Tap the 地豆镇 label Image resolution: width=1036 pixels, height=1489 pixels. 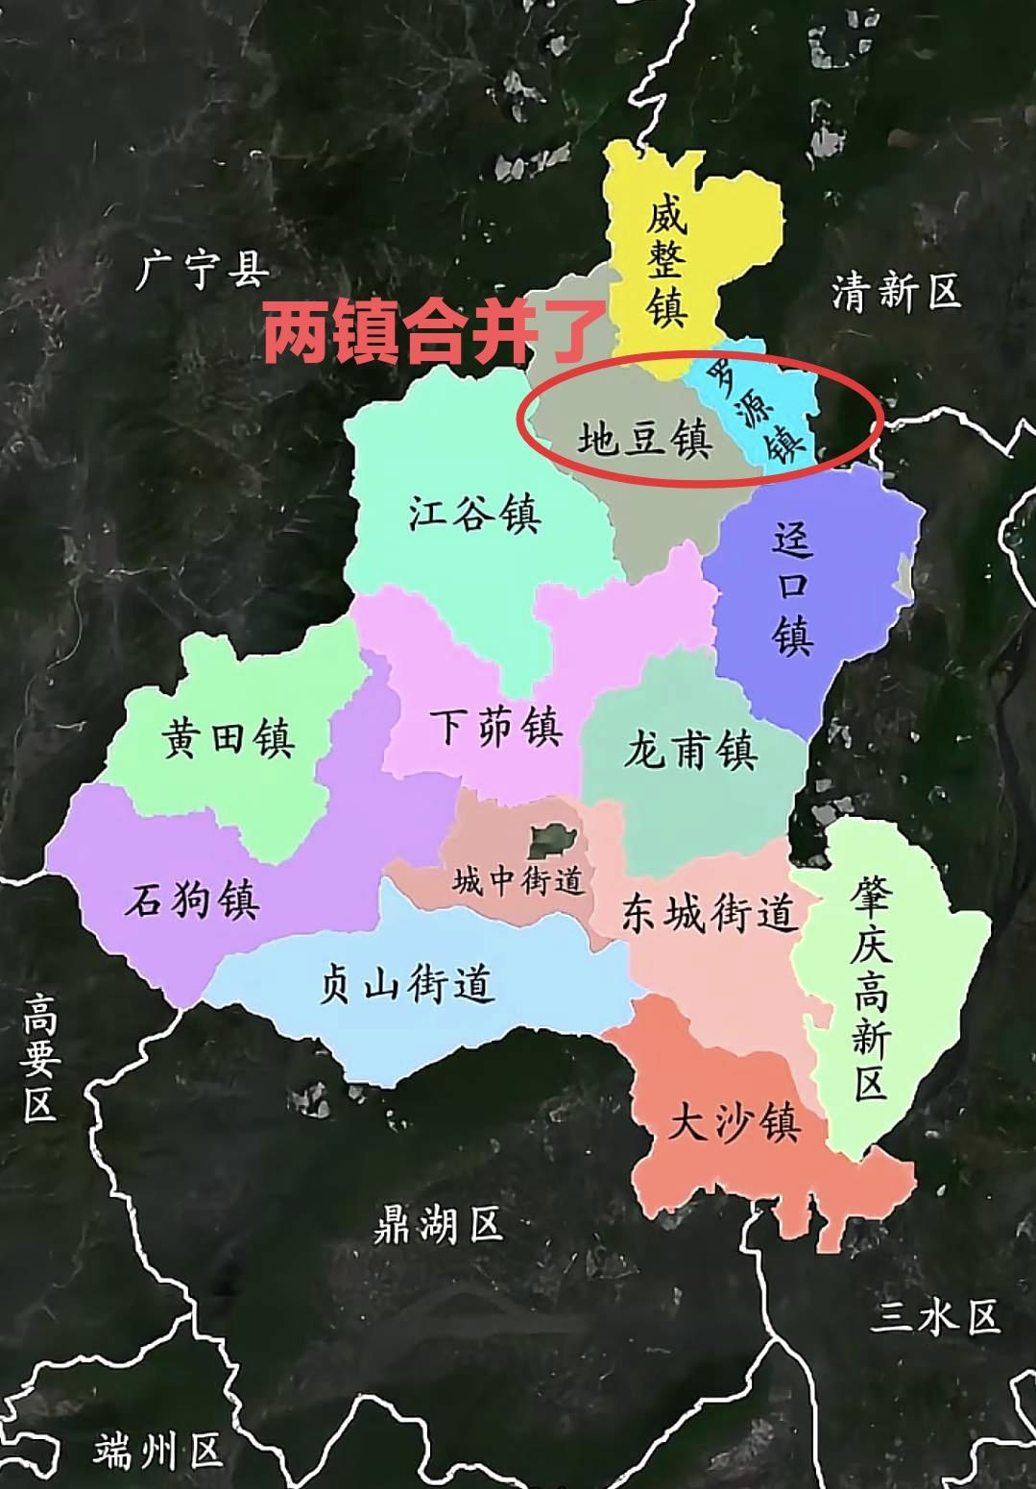pyautogui.click(x=643, y=440)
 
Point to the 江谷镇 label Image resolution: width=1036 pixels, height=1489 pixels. pyautogui.click(x=474, y=513)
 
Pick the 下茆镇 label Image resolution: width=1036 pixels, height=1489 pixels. pyautogui.click(x=494, y=726)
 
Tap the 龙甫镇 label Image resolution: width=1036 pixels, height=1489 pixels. pyautogui.click(x=690, y=749)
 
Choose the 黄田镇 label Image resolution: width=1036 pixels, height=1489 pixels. pyautogui.click(x=228, y=738)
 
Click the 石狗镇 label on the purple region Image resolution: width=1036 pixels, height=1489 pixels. pyautogui.click(x=192, y=901)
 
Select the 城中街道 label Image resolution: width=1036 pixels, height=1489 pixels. pyautogui.click(x=518, y=879)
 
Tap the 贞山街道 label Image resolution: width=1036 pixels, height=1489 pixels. pyautogui.click(x=406, y=984)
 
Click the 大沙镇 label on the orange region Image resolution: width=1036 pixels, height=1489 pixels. pyautogui.click(x=734, y=1121)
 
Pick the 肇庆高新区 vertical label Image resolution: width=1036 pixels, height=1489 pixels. pyautogui.click(x=870, y=989)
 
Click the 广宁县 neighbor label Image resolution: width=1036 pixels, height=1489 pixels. pyautogui.click(x=203, y=271)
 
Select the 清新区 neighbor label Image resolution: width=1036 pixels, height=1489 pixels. pyautogui.click(x=896, y=291)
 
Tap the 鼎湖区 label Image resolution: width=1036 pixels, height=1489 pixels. pyautogui.click(x=438, y=1225)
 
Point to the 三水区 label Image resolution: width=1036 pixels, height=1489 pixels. pyautogui.click(x=935, y=1317)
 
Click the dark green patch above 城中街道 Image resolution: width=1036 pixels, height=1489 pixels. pyautogui.click(x=551, y=842)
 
